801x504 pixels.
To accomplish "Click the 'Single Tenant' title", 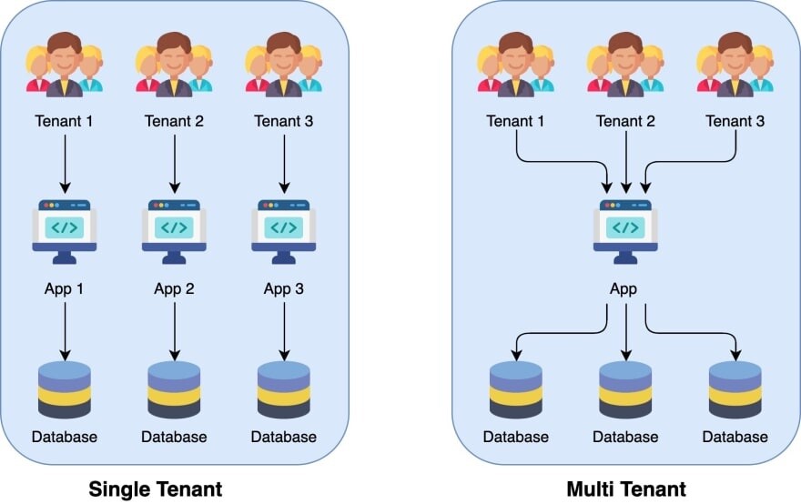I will (x=155, y=489).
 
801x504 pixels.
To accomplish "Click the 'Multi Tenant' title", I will (x=626, y=489).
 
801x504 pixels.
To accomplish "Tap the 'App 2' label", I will (x=174, y=289).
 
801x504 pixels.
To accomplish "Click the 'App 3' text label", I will (x=283, y=289).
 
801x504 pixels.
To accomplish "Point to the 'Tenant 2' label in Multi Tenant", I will (x=626, y=121).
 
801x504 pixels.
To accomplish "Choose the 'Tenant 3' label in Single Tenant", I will (x=283, y=121).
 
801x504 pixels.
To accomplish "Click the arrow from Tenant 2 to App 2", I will (x=174, y=164).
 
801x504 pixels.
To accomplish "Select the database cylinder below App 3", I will (x=283, y=389).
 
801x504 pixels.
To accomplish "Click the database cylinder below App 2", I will (x=174, y=389).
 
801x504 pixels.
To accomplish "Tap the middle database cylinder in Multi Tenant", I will (x=626, y=389).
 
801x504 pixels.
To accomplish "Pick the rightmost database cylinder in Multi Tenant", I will (x=735, y=389).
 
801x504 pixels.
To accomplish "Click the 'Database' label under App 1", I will (x=65, y=437).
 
